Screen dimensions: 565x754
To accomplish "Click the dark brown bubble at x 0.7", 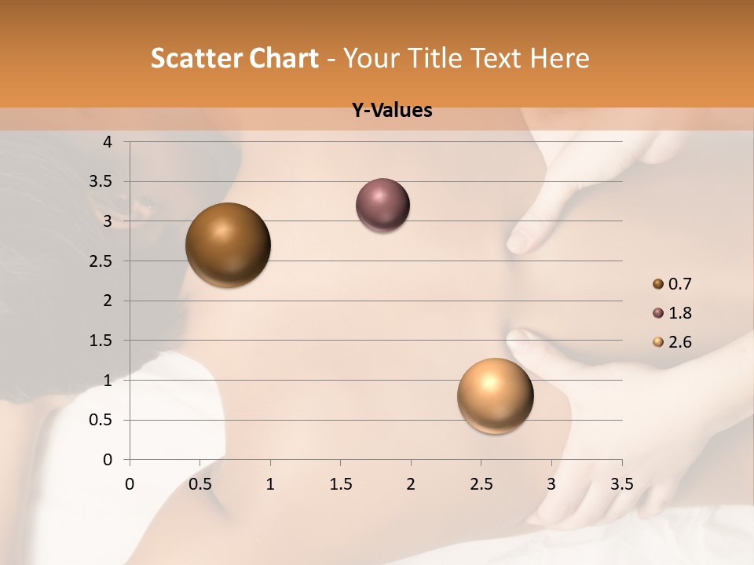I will coord(229,245).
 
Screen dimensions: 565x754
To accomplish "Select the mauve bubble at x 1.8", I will coord(382,205).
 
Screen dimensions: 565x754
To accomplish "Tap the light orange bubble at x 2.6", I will coord(495,395).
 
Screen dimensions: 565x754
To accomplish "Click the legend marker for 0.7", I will coord(658,283).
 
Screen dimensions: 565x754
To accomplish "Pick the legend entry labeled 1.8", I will coord(679,313).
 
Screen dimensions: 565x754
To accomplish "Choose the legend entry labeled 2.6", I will coord(679,342).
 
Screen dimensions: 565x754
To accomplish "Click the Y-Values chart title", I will coord(392,111).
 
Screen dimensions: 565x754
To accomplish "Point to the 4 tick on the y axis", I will coord(108,142).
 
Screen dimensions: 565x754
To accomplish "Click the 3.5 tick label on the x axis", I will coord(621,484).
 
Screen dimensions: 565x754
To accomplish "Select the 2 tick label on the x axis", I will coord(411,484).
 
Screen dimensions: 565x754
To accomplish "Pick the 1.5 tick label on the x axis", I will coord(340,484).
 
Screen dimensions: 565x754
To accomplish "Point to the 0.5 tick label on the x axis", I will coord(199,484).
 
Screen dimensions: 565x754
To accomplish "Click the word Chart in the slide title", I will coord(283,58).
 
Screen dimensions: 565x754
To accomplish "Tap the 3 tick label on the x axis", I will coord(551,484).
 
